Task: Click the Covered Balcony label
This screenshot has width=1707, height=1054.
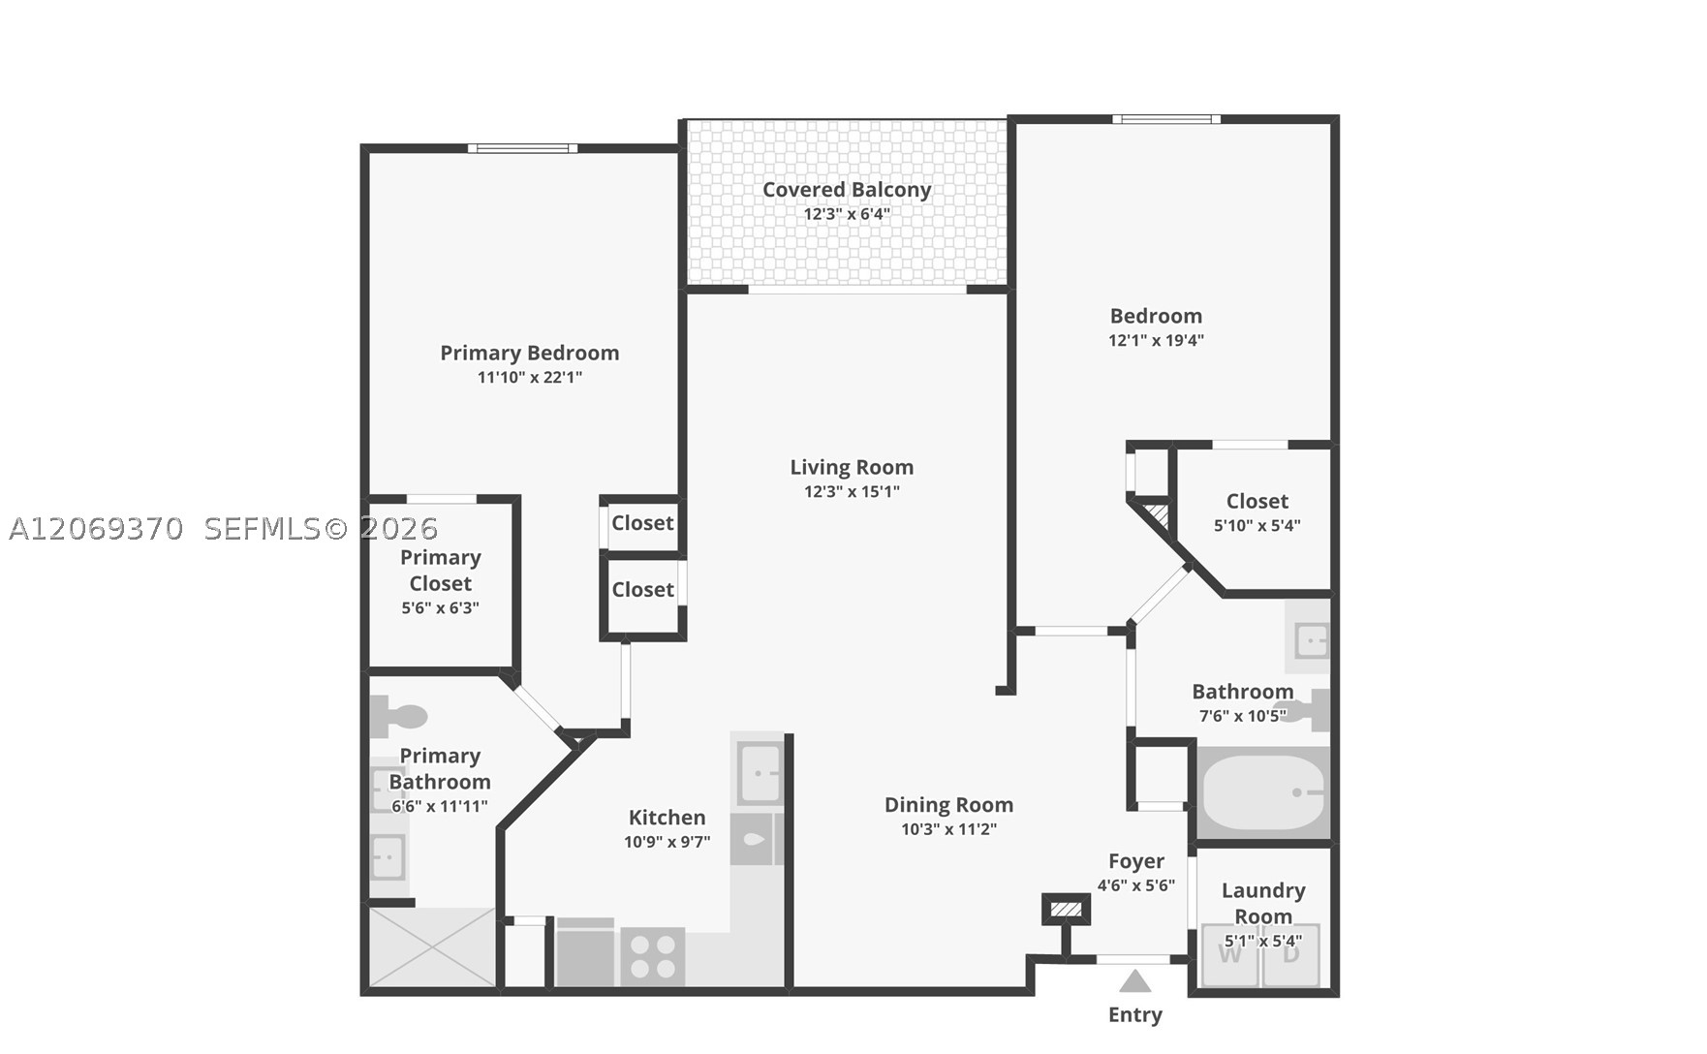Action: [x=847, y=190]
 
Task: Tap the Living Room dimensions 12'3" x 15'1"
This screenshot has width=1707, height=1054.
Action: [x=852, y=491]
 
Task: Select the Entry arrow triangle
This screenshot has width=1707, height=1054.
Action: [x=1135, y=981]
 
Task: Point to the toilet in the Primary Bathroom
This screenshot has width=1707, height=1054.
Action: [x=398, y=717]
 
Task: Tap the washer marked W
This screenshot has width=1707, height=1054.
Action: [x=1229, y=955]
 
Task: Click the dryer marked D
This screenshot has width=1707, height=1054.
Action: [x=1291, y=955]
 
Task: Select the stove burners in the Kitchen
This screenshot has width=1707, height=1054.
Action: [x=653, y=956]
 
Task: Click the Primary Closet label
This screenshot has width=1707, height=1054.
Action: [x=441, y=571]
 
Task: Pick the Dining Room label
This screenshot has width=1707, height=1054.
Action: [x=948, y=805]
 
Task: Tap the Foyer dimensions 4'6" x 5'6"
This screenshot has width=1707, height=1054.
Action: [x=1136, y=885]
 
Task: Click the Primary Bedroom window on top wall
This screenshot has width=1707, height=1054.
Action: [x=523, y=148]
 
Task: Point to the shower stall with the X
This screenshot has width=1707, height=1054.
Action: [x=432, y=946]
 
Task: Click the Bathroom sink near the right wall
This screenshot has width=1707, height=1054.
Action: [x=1308, y=637]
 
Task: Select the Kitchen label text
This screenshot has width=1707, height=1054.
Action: [x=667, y=818]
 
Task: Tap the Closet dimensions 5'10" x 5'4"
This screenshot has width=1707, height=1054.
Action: [x=1257, y=525]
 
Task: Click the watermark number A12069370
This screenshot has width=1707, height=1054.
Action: [x=96, y=529]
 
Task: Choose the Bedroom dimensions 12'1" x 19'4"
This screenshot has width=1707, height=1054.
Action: [x=1156, y=340]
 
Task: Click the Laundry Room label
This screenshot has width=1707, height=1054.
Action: [x=1263, y=903]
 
